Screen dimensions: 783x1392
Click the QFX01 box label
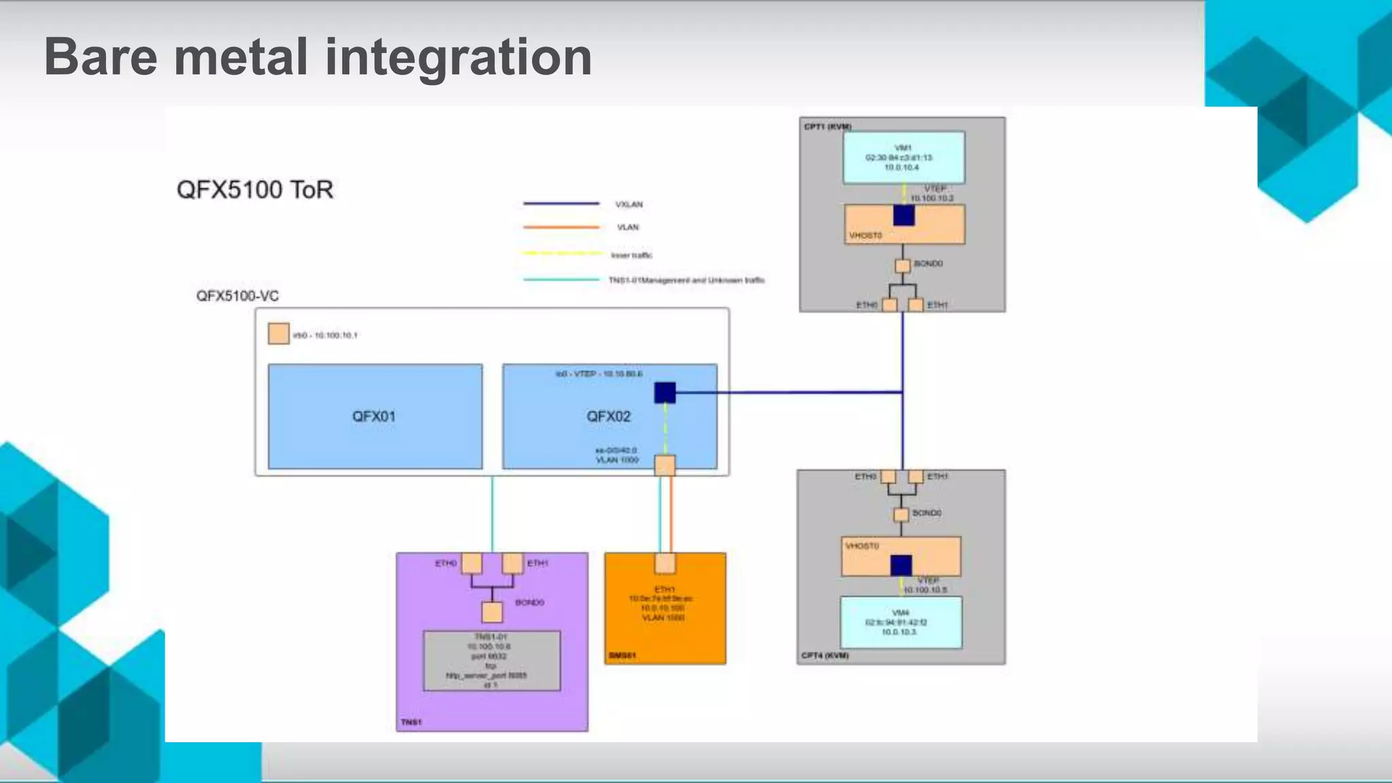coord(373,416)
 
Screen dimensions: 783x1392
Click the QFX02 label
coord(608,416)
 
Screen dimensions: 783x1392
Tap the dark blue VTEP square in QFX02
coord(665,392)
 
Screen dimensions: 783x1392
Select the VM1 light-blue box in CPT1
coord(903,158)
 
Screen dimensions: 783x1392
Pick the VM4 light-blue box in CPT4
coord(901,622)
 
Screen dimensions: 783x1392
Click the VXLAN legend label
coord(629,205)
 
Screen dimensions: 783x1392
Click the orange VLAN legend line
coord(561,227)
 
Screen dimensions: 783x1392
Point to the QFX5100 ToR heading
coord(255,190)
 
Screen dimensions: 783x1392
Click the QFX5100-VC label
coord(237,296)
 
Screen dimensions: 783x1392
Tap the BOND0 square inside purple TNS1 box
coord(492,612)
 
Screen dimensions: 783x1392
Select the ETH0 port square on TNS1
coord(472,563)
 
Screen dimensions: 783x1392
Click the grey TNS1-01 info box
coord(491,661)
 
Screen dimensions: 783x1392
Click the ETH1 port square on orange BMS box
coord(665,563)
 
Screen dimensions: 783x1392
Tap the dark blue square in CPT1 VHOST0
coord(903,215)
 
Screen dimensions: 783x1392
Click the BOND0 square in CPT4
coord(901,515)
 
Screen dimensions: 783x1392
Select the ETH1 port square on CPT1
coord(916,305)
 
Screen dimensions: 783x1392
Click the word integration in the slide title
coord(458,57)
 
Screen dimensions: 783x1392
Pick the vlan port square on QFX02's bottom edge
coord(665,465)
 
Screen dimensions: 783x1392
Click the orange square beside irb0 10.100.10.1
coord(279,334)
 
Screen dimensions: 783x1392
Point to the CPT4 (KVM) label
coord(824,655)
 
